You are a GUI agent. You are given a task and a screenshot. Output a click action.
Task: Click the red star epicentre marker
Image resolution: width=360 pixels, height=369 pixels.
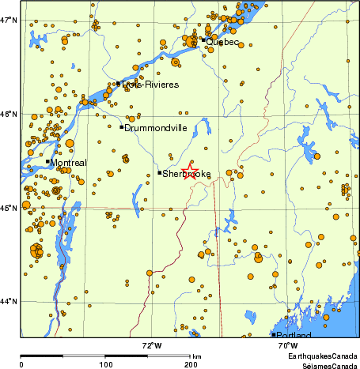tap(191, 172)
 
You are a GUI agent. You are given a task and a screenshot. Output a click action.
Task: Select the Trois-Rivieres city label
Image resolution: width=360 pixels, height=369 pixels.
tap(150, 85)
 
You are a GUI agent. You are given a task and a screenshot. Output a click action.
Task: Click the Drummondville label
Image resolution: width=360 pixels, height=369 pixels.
tap(153, 127)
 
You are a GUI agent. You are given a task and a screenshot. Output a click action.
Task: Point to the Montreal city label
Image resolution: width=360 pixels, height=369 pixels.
tap(68, 163)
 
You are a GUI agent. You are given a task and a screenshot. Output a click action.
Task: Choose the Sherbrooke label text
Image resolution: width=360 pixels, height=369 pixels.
tap(186, 173)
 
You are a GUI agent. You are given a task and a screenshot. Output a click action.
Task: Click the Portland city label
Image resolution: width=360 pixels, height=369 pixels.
tap(292, 336)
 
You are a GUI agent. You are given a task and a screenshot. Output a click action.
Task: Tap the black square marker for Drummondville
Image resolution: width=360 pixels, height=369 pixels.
tap(122, 126)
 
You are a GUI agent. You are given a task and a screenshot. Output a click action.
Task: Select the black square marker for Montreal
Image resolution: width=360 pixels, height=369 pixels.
tap(47, 161)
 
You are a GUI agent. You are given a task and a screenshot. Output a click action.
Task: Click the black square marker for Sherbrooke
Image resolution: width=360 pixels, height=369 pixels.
tap(160, 172)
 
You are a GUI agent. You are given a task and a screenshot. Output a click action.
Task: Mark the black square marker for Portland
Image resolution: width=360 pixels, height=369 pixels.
tap(274, 334)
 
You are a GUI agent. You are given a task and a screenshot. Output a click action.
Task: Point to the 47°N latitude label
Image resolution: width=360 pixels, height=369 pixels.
tap(9, 20)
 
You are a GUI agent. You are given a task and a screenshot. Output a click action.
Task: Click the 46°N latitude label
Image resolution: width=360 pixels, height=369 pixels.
tap(9, 114)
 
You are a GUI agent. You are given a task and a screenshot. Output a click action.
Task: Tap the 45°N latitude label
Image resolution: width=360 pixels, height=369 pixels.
tap(9, 208)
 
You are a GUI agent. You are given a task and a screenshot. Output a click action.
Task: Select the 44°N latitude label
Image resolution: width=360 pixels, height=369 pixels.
tap(9, 301)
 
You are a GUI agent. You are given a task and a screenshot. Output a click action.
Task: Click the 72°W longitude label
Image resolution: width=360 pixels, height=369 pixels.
tap(152, 345)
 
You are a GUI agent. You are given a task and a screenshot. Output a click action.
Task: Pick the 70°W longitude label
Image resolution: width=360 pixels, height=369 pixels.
tap(287, 345)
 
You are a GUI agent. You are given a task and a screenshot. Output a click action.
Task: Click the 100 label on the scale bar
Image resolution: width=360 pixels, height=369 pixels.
tap(105, 364)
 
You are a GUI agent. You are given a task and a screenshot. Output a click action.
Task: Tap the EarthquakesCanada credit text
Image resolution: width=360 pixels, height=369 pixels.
tap(324, 356)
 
